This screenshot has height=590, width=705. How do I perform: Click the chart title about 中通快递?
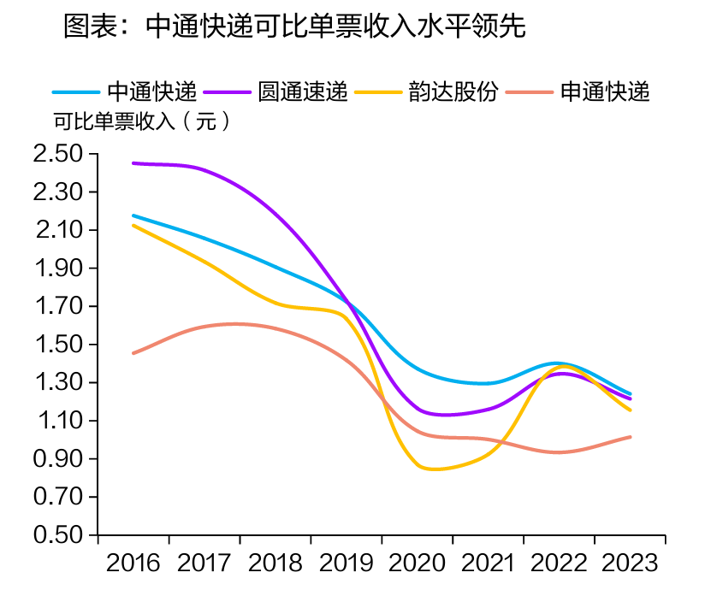pos(293,27)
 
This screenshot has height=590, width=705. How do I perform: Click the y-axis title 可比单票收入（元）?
pos(142,121)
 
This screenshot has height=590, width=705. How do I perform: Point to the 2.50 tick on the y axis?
pos(57,155)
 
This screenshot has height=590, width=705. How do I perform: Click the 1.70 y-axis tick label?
pos(57,307)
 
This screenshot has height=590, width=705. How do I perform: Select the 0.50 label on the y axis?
pos(57,536)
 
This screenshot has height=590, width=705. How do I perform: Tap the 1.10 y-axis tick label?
pos(57,422)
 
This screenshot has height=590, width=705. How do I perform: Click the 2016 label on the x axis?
pos(133,563)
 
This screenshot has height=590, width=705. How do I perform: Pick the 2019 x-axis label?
pos(347,563)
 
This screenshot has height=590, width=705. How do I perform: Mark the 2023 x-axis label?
pos(631,563)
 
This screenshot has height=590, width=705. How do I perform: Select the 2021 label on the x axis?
pos(489,563)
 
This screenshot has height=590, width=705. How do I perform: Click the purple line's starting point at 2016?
pos(133,162)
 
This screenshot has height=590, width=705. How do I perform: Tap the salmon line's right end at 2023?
pos(631,437)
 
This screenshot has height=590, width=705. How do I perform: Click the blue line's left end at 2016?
pos(133,215)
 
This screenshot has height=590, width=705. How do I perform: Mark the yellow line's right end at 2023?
pos(631,410)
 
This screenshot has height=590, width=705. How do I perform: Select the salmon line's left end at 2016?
pos(133,353)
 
